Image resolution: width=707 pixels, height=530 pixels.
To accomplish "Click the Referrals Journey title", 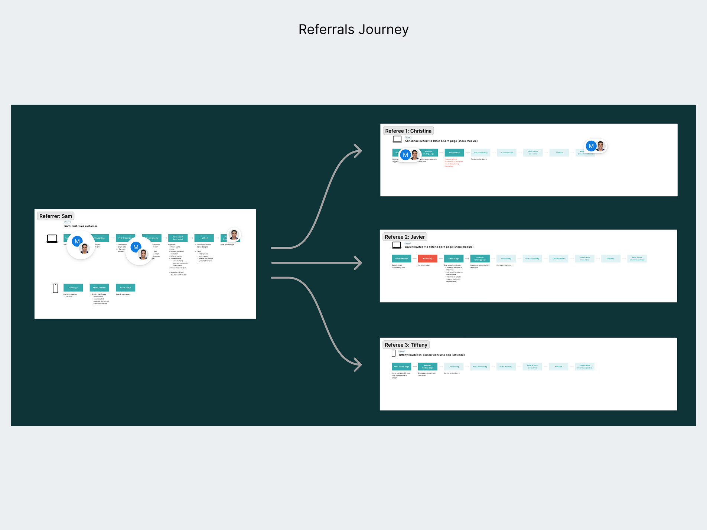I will pos(353,29).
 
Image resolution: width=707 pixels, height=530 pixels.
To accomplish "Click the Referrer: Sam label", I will pos(56,216).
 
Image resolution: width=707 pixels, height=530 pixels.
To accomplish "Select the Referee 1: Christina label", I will pos(408,131).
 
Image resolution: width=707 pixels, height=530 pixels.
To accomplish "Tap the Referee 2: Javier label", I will pos(404,237).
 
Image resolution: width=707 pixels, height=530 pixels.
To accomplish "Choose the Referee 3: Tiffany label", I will pos(406,345).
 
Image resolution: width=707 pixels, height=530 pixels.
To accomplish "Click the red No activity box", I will pos(427,259).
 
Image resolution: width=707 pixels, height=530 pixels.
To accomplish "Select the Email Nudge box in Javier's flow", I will pos(453,259).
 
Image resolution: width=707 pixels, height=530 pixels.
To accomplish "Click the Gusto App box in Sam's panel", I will pos(73,288).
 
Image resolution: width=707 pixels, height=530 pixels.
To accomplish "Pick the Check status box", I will pos(126,288).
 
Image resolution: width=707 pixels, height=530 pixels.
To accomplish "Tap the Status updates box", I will pos(99,288).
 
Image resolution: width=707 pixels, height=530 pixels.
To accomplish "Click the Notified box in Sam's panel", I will pos(204,238).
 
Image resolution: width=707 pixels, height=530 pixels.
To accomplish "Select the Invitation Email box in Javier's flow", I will pos(401,259).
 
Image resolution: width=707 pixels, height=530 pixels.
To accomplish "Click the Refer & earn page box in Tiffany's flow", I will pos(401,367).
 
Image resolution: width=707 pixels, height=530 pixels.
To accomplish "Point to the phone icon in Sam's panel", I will pos(55,288).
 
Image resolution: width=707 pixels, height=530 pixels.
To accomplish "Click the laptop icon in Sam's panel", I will pos(52,239).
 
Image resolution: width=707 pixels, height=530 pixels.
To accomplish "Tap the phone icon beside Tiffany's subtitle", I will pos(394,353).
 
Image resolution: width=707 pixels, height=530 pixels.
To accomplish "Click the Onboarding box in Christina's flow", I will pos(454,153).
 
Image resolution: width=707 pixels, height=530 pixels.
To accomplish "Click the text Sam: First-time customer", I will pos(81,226).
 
